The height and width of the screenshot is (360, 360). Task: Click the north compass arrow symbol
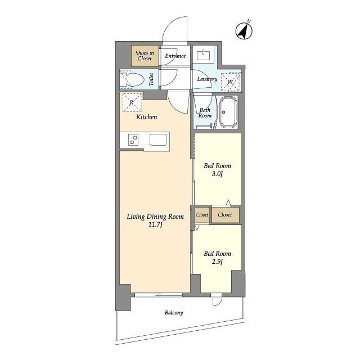(244, 31)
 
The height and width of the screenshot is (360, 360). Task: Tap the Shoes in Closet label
(145, 56)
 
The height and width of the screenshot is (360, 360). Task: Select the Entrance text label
(175, 56)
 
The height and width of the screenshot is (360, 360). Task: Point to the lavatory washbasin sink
(204, 55)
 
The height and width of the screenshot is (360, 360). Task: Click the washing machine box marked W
(231, 81)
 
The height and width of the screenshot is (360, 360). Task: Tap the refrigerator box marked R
(132, 102)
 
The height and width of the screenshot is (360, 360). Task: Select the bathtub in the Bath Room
(228, 112)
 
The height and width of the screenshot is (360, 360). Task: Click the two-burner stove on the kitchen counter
(133, 140)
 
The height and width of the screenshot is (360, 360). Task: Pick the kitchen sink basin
(158, 140)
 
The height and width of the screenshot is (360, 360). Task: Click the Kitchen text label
(147, 117)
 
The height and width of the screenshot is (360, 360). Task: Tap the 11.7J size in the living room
(155, 224)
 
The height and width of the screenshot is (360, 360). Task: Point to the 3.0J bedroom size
(217, 174)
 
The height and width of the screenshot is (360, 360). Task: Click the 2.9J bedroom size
(217, 262)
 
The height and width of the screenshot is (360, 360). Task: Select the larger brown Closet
(226, 215)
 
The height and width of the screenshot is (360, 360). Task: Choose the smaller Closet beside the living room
(202, 215)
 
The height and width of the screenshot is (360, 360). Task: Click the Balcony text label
(174, 313)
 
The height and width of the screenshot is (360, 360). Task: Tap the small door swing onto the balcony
(217, 301)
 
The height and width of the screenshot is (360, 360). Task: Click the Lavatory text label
(207, 79)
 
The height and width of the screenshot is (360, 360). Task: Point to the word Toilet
(151, 79)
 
